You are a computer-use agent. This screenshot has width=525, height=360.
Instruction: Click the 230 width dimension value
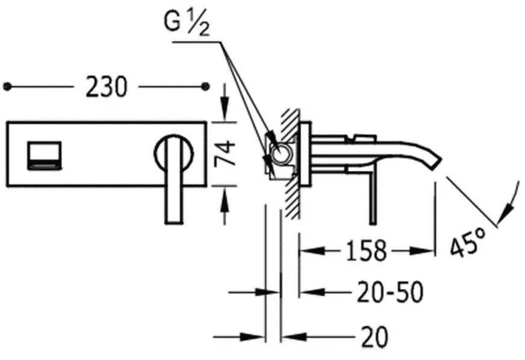coord(107,87)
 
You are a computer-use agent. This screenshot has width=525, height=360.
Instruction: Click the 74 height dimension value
coord(225,154)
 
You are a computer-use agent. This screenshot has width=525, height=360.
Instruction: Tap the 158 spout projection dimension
coord(366,250)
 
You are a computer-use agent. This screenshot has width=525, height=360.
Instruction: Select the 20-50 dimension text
coord(390,292)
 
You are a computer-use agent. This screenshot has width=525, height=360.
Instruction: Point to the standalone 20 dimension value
coord(374,336)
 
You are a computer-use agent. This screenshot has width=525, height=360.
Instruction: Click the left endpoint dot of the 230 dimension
coord(7,87)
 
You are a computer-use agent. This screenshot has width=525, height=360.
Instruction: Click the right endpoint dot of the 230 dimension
coord(205,87)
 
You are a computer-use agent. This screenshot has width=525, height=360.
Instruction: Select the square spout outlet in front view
coord(44,155)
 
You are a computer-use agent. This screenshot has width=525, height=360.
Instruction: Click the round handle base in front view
coord(174,153)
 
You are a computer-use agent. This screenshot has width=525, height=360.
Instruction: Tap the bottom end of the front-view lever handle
coord(175,222)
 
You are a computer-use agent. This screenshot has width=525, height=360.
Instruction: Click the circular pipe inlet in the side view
coord(281,154)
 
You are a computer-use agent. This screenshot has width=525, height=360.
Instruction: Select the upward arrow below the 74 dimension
coord(225,206)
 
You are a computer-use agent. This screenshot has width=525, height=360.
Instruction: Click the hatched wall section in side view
coord(290,164)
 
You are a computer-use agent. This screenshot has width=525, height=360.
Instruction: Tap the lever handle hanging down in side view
coord(373,198)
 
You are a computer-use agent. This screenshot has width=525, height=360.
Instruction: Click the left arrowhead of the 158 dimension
coord(312,250)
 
